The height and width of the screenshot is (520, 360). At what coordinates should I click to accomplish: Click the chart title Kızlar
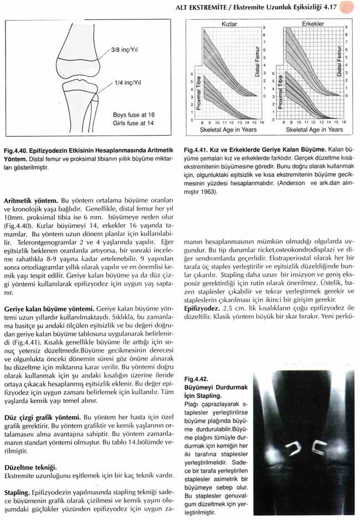pyautogui.click(x=230, y=24)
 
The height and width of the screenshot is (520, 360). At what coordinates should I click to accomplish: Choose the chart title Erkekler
pyautogui.click(x=313, y=24)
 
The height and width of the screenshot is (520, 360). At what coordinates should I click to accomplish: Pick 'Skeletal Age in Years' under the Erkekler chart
pyautogui.click(x=314, y=129)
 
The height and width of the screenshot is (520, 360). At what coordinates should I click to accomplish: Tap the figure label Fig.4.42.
pyautogui.click(x=198, y=380)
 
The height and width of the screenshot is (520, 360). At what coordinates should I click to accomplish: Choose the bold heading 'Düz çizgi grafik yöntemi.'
pyautogui.click(x=42, y=416)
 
